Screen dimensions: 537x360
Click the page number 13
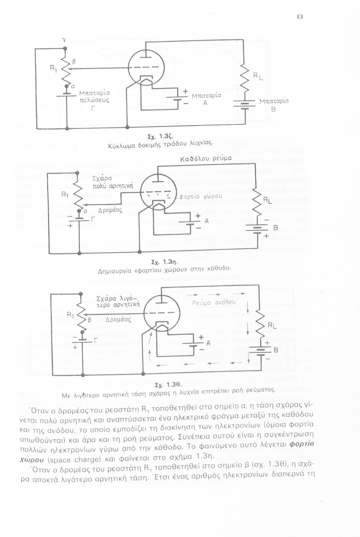tap(300, 16)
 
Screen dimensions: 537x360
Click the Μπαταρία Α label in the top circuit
tap(206, 99)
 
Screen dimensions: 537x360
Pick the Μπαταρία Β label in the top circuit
tap(273, 105)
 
